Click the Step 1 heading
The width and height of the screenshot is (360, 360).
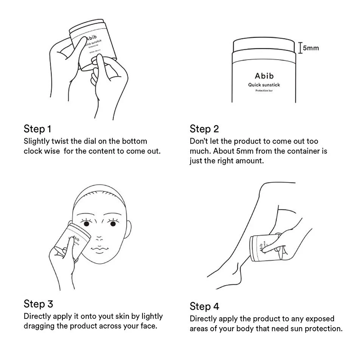pyautogui.click(x=37, y=129)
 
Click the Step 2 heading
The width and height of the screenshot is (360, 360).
pyautogui.click(x=204, y=129)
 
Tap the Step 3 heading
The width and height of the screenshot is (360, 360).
pyautogui.click(x=38, y=304)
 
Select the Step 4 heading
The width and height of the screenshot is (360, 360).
pyautogui.click(x=204, y=306)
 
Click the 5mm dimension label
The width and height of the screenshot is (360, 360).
pyautogui.click(x=311, y=48)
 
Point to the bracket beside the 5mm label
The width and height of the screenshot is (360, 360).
pyautogui.click(x=300, y=48)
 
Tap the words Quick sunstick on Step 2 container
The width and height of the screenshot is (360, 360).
pyautogui.click(x=264, y=85)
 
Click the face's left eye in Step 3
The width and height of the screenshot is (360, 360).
pyautogui.click(x=87, y=224)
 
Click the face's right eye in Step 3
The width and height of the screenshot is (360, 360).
pyautogui.click(x=113, y=224)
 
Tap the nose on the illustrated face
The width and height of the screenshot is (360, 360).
pyautogui.click(x=99, y=238)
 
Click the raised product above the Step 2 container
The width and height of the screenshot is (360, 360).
pyautogui.click(x=264, y=45)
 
